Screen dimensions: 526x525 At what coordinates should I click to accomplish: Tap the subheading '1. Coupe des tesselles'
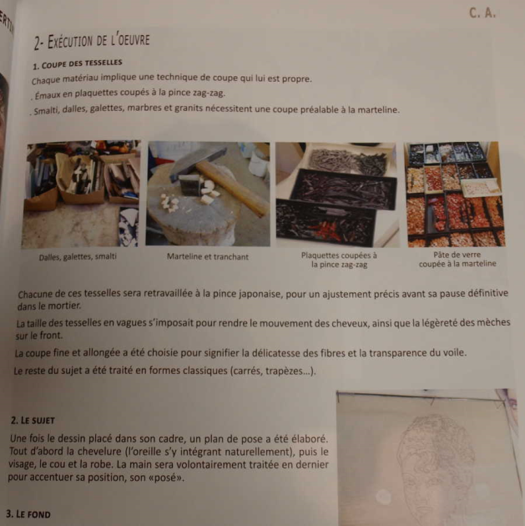(x=78, y=63)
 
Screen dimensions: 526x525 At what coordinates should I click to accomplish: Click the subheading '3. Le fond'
(x=28, y=513)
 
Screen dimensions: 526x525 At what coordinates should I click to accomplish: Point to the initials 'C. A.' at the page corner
(x=483, y=13)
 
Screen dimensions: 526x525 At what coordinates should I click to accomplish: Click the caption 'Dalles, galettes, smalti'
(x=78, y=257)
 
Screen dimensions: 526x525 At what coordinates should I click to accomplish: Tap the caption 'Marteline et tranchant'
(x=207, y=257)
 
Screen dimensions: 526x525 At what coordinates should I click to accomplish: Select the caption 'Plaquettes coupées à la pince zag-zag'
(x=339, y=260)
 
